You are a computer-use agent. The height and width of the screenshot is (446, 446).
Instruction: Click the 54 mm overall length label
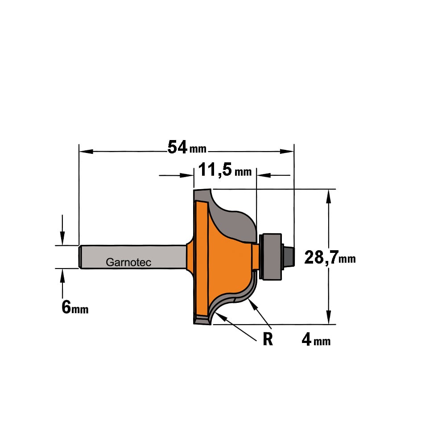click(x=187, y=147)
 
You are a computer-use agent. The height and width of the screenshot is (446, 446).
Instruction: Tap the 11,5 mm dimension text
click(x=225, y=170)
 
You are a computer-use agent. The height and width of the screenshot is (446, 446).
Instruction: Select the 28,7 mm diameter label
click(x=330, y=257)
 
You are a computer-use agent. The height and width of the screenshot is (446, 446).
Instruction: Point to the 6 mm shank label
click(x=75, y=307)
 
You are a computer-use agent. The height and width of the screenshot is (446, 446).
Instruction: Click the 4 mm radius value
click(x=316, y=339)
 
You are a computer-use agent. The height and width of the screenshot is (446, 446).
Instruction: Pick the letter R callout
click(x=268, y=339)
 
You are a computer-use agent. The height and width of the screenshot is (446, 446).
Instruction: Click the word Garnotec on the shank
click(x=128, y=262)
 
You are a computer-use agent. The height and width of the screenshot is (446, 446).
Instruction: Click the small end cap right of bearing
click(x=289, y=256)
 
